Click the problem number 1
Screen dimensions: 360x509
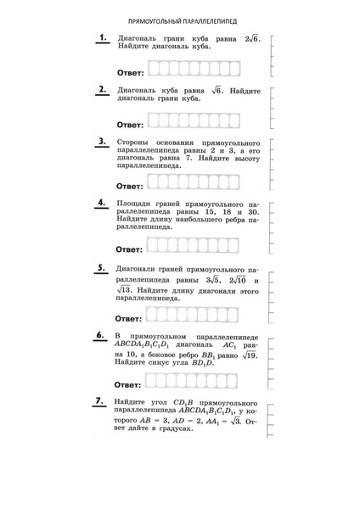click(102, 37)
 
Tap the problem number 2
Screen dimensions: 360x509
click(102, 88)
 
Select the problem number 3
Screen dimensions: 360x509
click(102, 142)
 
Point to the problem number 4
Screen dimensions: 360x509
click(102, 204)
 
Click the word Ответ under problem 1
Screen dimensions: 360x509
click(131, 73)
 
